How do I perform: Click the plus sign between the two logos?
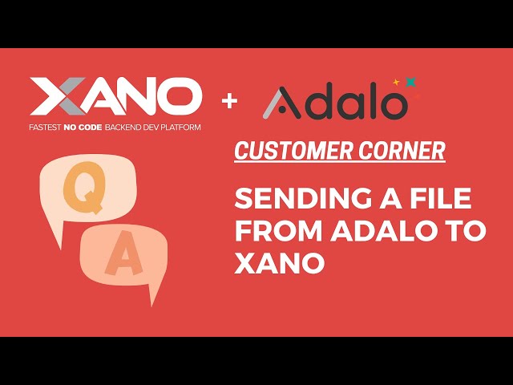coord(230,102)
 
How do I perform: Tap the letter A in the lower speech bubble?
coord(119,259)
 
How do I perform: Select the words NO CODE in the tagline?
coord(91,128)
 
